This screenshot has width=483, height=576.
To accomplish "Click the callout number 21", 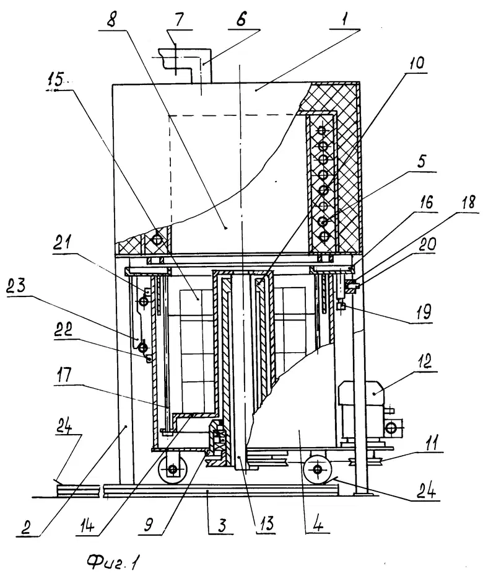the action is pos(63,244).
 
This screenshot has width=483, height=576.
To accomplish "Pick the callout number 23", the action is pos(16,285).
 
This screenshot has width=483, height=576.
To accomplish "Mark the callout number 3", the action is pos(222,525).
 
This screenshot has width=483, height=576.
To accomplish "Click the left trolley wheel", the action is pos(173,469).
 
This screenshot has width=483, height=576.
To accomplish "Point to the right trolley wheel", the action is pos(318,469).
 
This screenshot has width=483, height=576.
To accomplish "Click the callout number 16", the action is pos(425,202).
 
